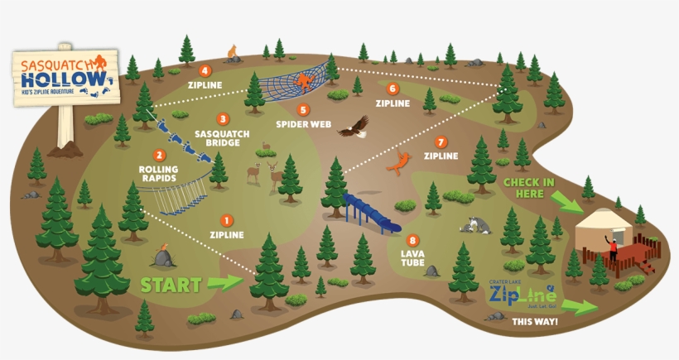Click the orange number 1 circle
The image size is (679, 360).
click(227, 220)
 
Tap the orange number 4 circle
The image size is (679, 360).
click(205, 71)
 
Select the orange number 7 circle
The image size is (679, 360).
click(441, 142)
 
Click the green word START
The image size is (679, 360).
click(171, 286)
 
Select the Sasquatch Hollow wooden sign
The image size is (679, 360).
click(63, 79)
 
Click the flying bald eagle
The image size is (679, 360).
click(357, 127)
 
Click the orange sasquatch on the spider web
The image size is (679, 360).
click(305, 80)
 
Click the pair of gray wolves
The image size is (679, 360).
click(477, 225)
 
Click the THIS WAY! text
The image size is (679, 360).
click(534, 321)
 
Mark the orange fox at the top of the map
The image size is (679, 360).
click(233, 52)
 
